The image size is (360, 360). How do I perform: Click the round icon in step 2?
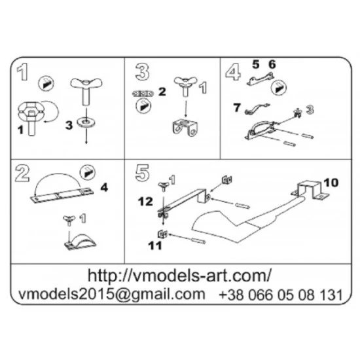[x=87, y=173]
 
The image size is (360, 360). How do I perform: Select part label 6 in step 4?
[x=272, y=64]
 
